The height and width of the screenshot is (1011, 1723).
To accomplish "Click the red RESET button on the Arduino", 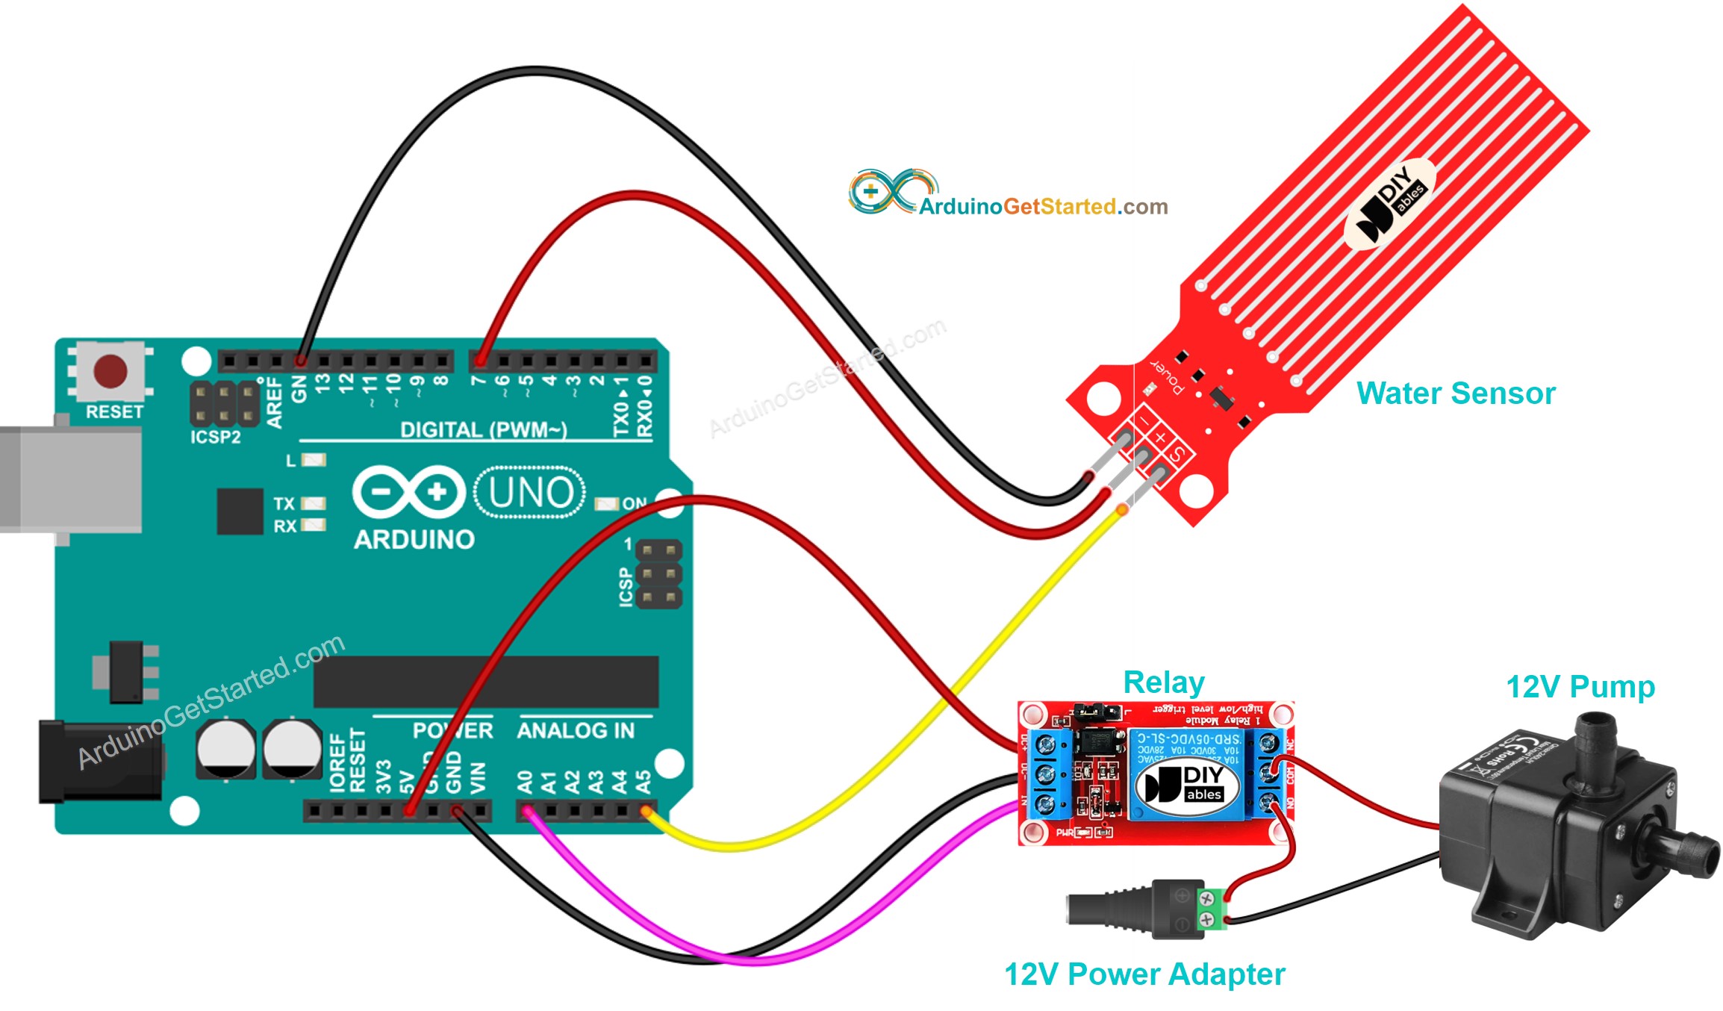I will coord(110,371).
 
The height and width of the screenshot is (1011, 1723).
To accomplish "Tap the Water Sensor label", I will coord(1455,393).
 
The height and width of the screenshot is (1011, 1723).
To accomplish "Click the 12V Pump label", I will coord(1580,687).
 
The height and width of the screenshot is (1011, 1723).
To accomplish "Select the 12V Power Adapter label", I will coord(1144,974).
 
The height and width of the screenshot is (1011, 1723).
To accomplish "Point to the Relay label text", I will coord(1163,682).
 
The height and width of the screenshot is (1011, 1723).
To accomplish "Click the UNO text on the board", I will coord(531,493).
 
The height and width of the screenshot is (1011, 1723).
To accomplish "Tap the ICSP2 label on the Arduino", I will coord(215,438).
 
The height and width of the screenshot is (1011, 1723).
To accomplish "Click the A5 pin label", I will coord(643,783).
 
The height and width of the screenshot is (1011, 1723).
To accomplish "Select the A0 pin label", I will coord(525,783).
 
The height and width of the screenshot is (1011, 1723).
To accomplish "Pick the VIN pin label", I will coord(479,778).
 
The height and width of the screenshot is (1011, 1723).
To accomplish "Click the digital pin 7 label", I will coord(479,381).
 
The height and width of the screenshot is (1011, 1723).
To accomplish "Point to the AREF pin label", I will coord(275,402).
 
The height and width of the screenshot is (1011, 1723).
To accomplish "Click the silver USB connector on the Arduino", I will coord(71,479).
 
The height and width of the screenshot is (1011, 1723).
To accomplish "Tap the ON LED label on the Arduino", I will coord(634,503).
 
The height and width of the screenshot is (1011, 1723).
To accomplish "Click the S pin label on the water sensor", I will coord(1177,453).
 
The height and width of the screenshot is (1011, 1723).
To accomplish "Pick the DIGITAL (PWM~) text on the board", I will coord(483,430).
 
